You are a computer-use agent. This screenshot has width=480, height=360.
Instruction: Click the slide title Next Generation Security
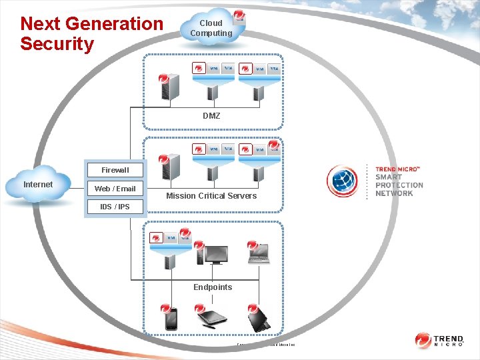click(x=91, y=34)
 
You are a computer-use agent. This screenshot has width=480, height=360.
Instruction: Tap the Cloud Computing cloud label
click(x=211, y=28)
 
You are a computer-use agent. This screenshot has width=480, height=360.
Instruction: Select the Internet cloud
click(x=39, y=184)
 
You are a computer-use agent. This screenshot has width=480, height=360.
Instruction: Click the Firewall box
click(x=115, y=170)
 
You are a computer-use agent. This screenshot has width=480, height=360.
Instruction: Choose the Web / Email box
click(x=115, y=189)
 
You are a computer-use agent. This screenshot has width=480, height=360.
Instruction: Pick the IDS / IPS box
click(x=115, y=207)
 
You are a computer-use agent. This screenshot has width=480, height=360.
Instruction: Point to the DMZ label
click(x=211, y=116)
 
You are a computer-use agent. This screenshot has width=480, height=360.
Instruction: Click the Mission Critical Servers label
click(x=211, y=196)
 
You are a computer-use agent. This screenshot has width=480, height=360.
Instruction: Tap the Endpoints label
click(x=213, y=287)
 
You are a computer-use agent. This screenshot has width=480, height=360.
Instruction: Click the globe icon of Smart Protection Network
click(x=343, y=182)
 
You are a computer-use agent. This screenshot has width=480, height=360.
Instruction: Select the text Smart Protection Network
click(x=399, y=182)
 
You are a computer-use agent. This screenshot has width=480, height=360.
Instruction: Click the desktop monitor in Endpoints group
click(x=216, y=255)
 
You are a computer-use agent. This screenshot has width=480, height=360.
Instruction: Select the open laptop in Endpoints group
click(x=259, y=254)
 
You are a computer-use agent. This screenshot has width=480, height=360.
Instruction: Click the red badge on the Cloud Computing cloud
click(x=239, y=15)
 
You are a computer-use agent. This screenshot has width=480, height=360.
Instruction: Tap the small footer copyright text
click(x=265, y=345)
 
